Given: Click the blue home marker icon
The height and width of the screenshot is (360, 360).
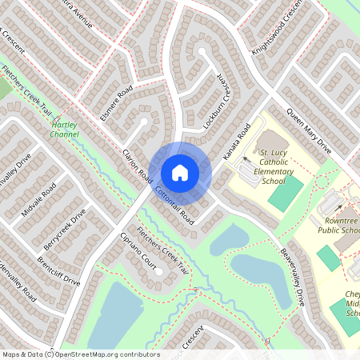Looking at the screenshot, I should [180, 172].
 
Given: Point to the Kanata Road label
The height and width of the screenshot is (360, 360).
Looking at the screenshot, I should [237, 141].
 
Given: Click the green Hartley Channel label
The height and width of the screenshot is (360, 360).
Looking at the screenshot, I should [64, 130].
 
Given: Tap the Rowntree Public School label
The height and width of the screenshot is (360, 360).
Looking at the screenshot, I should [341, 226].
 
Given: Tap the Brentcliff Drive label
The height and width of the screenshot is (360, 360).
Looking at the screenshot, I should [59, 270].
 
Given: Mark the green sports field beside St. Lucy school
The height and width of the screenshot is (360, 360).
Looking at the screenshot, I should [286, 193].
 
